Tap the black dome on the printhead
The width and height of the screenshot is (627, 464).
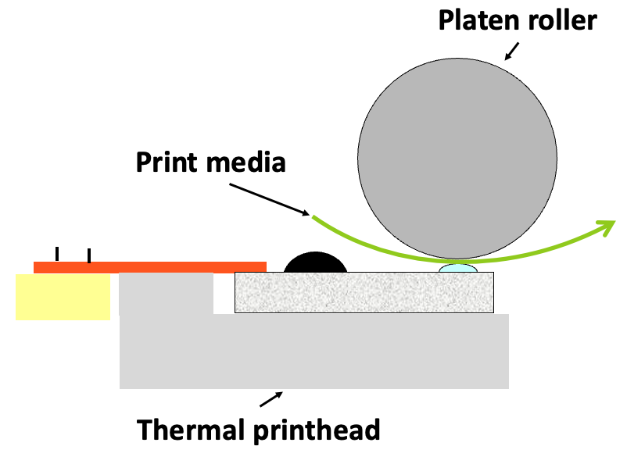[315, 263]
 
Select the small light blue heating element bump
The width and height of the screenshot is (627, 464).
[458, 269]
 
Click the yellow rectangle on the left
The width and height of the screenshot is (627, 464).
[63, 296]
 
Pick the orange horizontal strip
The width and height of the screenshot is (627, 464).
[149, 267]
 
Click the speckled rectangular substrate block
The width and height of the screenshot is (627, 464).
[364, 292]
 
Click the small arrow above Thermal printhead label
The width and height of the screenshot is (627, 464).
[270, 399]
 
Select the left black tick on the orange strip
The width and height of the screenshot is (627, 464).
[56, 254]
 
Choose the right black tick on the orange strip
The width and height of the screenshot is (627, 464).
[89, 255]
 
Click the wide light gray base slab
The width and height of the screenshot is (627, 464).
[313, 352]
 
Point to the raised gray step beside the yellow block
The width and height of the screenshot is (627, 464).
[166, 293]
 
